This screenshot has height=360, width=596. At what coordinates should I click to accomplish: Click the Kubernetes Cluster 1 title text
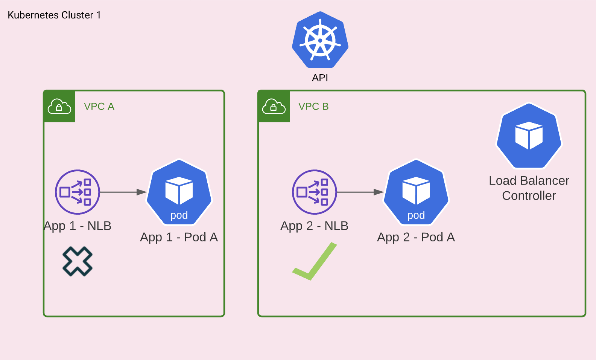[54, 15]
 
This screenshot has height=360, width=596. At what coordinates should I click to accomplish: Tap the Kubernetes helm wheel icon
[320, 40]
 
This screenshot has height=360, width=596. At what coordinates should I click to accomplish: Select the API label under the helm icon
[320, 78]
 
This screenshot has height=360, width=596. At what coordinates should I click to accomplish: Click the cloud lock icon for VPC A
[59, 107]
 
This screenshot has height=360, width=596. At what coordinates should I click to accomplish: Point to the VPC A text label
[99, 107]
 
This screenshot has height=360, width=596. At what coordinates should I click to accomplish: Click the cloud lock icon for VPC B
[274, 107]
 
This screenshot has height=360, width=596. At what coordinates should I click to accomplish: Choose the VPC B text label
[313, 107]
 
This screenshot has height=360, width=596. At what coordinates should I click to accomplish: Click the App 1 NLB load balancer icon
[78, 192]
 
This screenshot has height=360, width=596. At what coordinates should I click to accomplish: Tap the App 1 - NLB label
[78, 226]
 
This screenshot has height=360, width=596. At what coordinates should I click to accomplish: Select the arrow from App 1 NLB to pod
[123, 192]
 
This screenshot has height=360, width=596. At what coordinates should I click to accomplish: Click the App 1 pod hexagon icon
[179, 192]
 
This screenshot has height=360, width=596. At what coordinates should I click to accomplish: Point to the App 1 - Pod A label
[179, 237]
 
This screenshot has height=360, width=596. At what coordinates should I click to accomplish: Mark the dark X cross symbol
[78, 261]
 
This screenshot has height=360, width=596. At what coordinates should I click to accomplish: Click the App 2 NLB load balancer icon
[315, 192]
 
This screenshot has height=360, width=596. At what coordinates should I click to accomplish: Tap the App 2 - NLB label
[314, 226]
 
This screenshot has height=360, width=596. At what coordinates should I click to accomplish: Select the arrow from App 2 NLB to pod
[360, 192]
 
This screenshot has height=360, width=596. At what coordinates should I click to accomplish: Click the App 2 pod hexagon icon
[416, 192]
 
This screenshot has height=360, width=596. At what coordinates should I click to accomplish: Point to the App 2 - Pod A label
[416, 237]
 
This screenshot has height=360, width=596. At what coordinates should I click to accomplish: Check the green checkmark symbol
[315, 261]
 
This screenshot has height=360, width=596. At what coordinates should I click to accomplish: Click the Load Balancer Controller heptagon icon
[529, 136]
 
